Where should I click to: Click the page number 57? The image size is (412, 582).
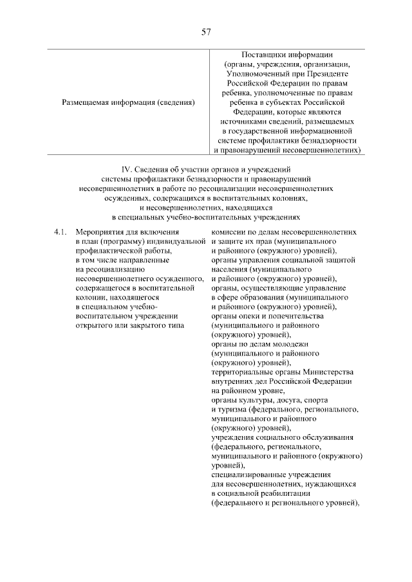coord(205,32)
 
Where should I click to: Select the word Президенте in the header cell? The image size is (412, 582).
coord(322,73)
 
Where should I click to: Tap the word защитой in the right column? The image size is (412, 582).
coord(341,260)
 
